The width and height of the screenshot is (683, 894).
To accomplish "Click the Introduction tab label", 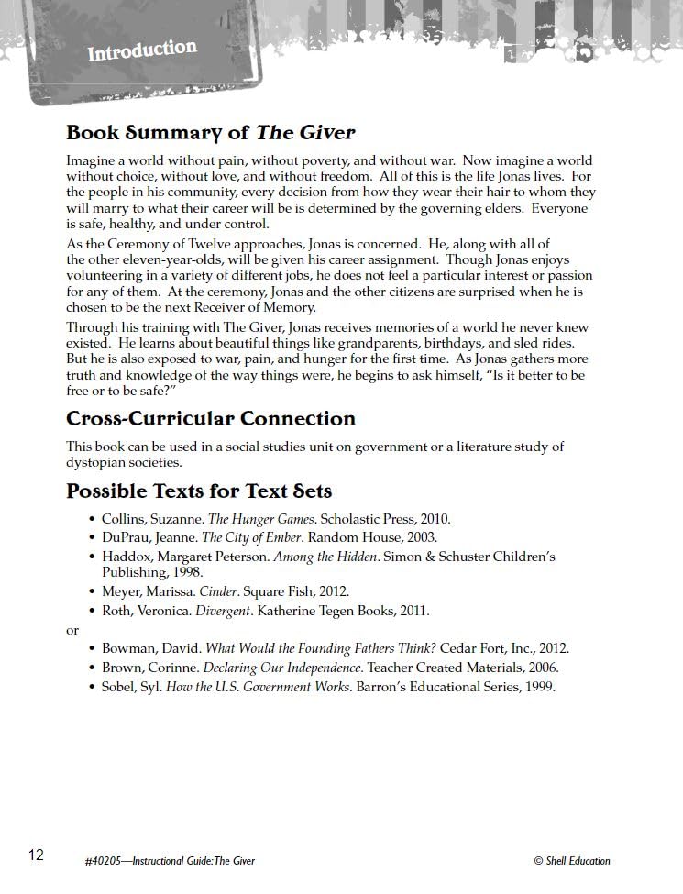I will point(142,50).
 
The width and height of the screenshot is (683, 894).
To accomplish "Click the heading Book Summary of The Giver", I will point(210,133).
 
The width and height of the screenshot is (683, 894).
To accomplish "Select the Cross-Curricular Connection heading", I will point(210,419).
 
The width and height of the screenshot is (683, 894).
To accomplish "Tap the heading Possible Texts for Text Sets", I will point(198,491).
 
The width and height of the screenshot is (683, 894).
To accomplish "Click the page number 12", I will point(36,855).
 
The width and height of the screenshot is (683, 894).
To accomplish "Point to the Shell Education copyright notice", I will point(571,861).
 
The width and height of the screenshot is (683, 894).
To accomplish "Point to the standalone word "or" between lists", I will point(72,630).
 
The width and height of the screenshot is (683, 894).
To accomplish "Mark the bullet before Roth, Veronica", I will point(92,611).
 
